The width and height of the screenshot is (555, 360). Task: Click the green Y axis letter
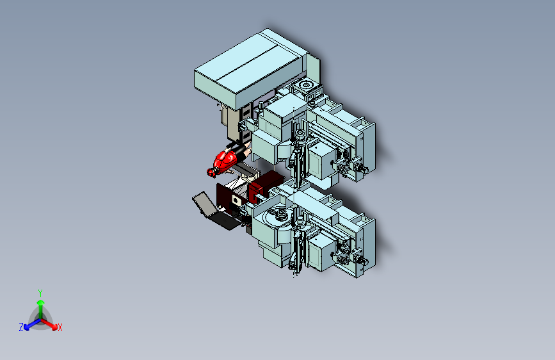coord(40,293)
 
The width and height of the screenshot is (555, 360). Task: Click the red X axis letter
coord(60,327)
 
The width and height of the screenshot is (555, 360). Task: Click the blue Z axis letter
coord(21,327)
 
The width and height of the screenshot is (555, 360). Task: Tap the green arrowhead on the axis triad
coord(41,302)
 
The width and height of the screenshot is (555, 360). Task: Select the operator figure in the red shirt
coord(229,160)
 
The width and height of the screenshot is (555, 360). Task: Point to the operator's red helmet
coord(211,172)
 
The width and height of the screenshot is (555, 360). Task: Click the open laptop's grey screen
coord(205,204)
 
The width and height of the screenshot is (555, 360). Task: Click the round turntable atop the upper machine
coord(305,85)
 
